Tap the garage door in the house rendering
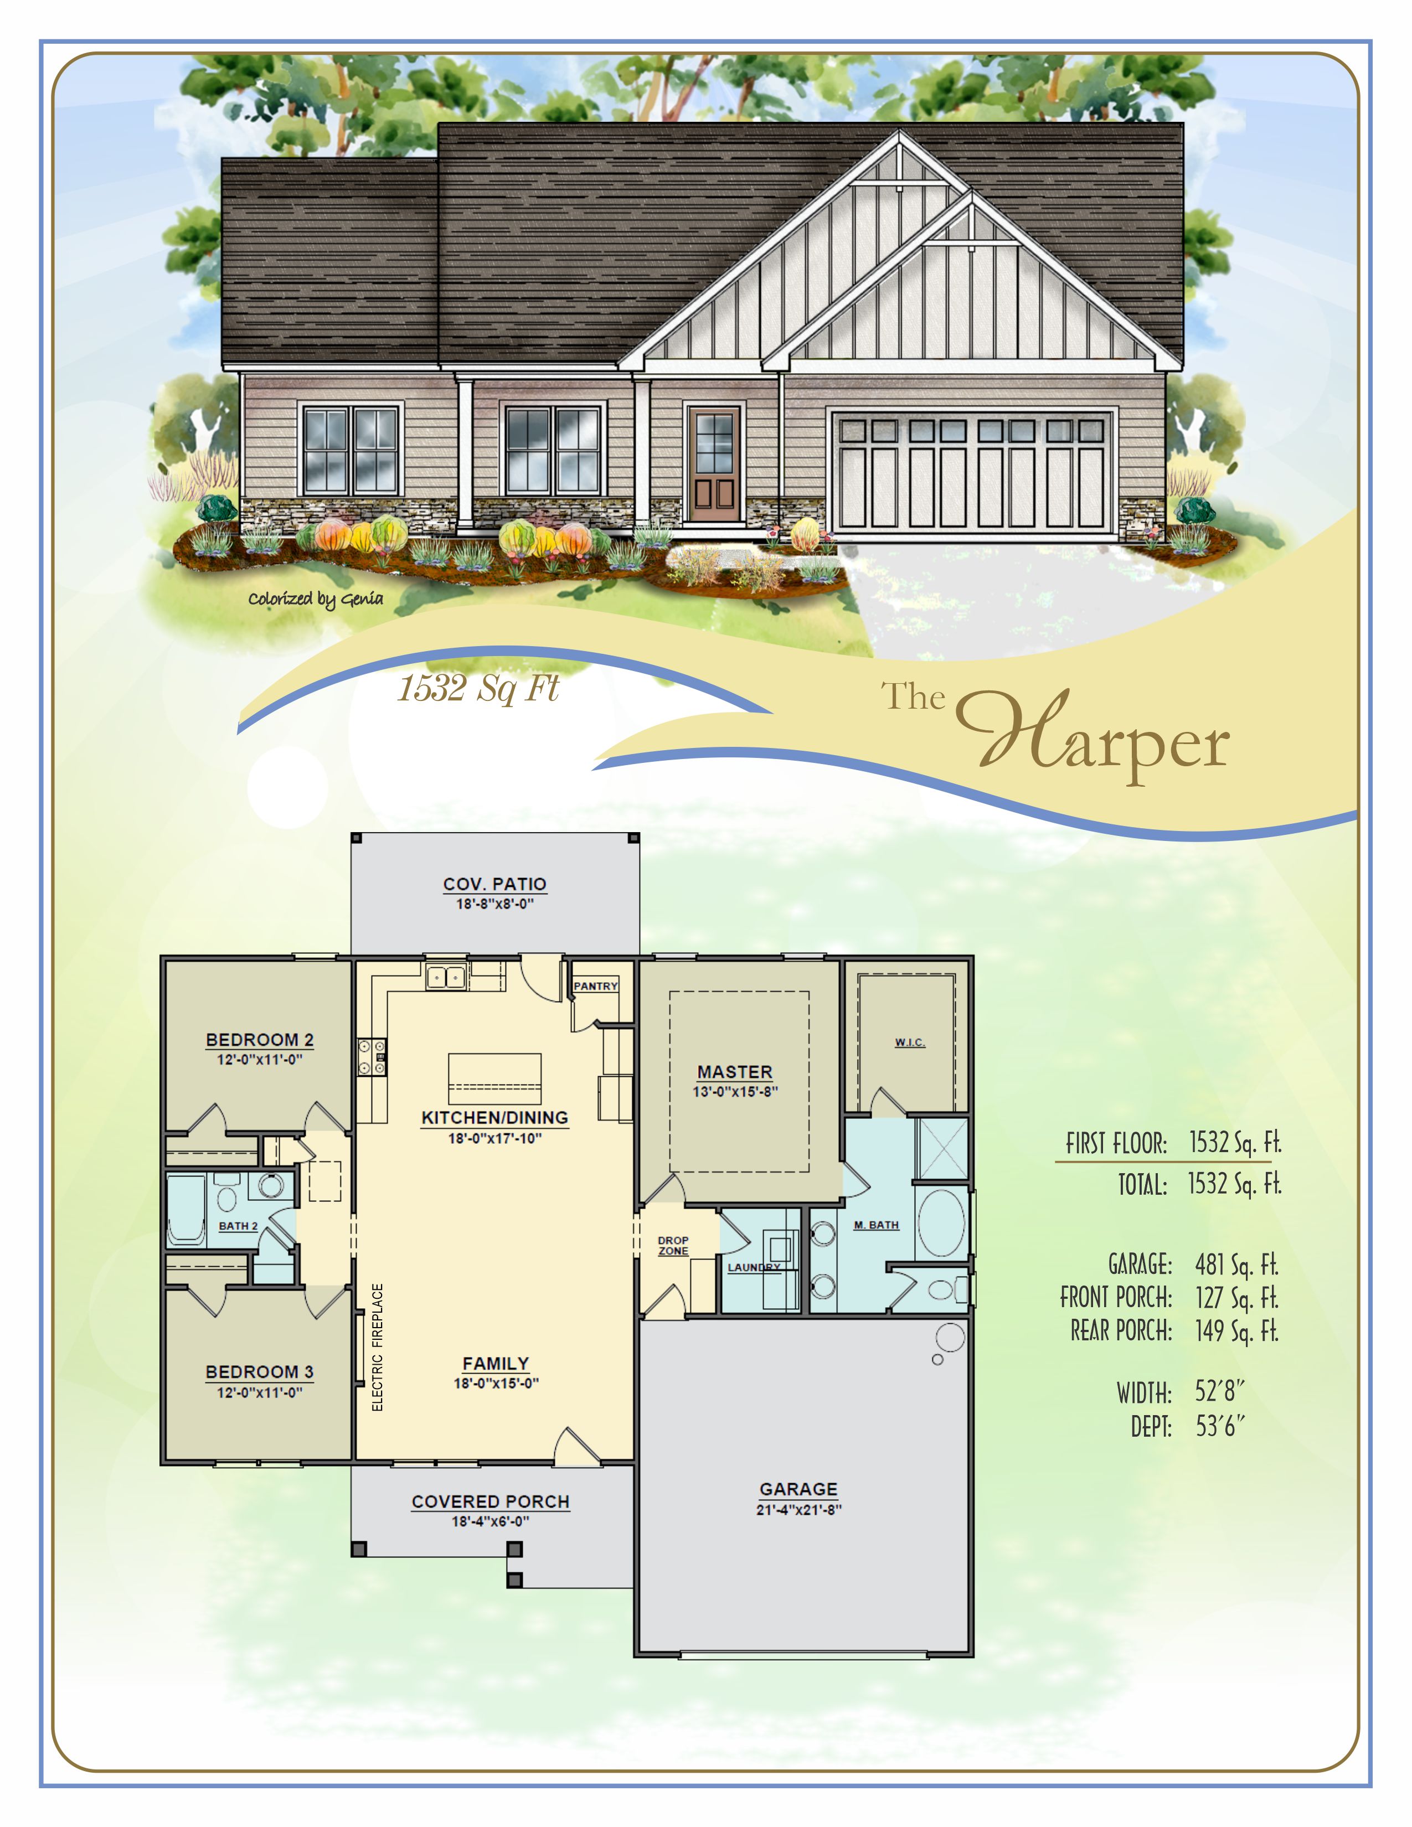(x=971, y=473)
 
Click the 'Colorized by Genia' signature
(x=316, y=599)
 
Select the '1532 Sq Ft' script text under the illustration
(x=478, y=689)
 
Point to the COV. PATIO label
(x=494, y=884)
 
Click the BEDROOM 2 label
(x=259, y=1040)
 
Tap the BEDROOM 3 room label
(x=259, y=1372)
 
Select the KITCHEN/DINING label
(x=494, y=1118)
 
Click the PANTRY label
(x=596, y=986)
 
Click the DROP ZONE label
(x=673, y=1246)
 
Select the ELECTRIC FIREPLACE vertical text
(x=377, y=1348)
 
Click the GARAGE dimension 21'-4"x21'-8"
(x=799, y=1510)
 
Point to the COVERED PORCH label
(x=490, y=1501)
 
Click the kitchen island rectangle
(x=494, y=1078)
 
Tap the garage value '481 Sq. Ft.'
(x=1236, y=1264)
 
